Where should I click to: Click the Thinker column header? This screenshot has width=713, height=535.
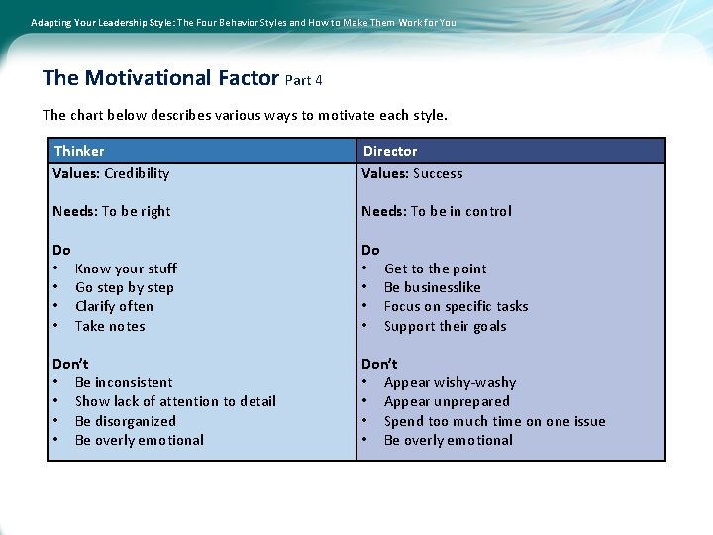(x=79, y=151)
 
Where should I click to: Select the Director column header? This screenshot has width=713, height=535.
(x=390, y=151)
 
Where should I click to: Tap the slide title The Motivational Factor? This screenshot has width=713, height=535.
(x=161, y=78)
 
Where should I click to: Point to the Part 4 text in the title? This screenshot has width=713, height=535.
(x=303, y=80)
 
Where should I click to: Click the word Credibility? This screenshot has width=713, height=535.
(x=137, y=173)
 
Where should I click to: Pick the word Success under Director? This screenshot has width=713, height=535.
(x=438, y=173)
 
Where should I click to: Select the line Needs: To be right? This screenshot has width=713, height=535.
(x=112, y=211)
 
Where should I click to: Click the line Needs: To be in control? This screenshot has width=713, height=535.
(x=437, y=211)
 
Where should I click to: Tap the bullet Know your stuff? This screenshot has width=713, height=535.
(x=126, y=268)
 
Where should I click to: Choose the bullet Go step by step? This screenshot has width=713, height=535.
(x=124, y=287)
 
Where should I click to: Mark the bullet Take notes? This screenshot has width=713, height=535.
(x=110, y=326)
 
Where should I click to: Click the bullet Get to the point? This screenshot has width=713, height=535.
(x=435, y=268)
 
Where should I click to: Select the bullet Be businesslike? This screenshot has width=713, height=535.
(x=432, y=287)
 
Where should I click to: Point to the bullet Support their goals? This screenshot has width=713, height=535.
(x=445, y=326)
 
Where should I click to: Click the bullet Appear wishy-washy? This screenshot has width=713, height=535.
(x=450, y=382)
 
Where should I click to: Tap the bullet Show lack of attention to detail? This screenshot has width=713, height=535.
(x=175, y=401)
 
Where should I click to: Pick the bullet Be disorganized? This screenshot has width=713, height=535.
(x=125, y=421)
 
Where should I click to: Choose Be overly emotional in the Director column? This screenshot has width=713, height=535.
(x=448, y=440)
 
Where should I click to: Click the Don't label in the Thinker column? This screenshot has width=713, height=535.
(x=70, y=364)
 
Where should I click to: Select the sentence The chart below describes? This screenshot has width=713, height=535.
(x=245, y=115)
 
